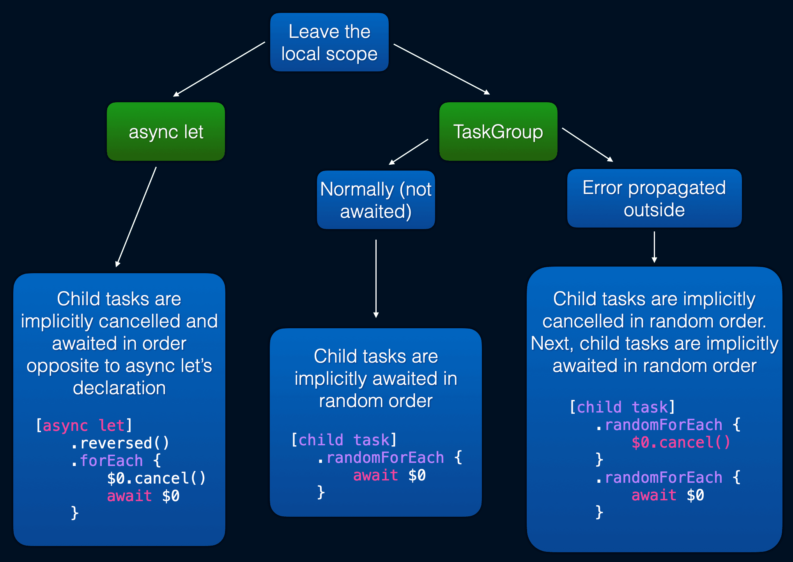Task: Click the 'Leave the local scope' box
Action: pos(329,42)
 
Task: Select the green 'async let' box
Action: pos(166,132)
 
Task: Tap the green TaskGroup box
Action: pos(498,132)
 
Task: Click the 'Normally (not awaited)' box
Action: pos(375,200)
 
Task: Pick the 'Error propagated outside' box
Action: pos(654,198)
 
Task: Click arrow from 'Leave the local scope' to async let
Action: pos(219,69)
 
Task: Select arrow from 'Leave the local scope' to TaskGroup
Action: pos(441,69)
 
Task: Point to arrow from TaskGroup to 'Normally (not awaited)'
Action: pos(408,152)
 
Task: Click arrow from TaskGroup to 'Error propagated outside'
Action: pos(587,144)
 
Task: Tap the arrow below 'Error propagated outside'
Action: pos(654,247)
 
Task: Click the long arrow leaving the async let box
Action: pos(136,217)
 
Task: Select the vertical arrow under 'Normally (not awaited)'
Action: pos(376,279)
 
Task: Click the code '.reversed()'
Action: pos(120,443)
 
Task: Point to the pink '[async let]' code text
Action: pos(84,425)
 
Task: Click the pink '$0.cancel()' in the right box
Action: pos(681,443)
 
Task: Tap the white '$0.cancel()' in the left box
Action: pos(156,478)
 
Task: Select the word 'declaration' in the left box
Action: pos(119,388)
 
